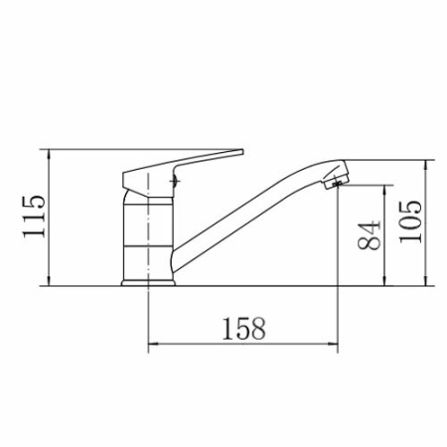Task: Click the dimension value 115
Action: [34, 217]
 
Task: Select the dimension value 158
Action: [243, 329]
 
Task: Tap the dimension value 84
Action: [369, 235]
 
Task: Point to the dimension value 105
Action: [410, 222]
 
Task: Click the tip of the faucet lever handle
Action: [242, 152]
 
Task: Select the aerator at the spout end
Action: [336, 176]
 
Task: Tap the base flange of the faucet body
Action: [148, 283]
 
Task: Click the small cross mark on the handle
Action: [174, 181]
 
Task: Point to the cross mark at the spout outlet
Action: [337, 182]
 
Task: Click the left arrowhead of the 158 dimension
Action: [152, 345]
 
